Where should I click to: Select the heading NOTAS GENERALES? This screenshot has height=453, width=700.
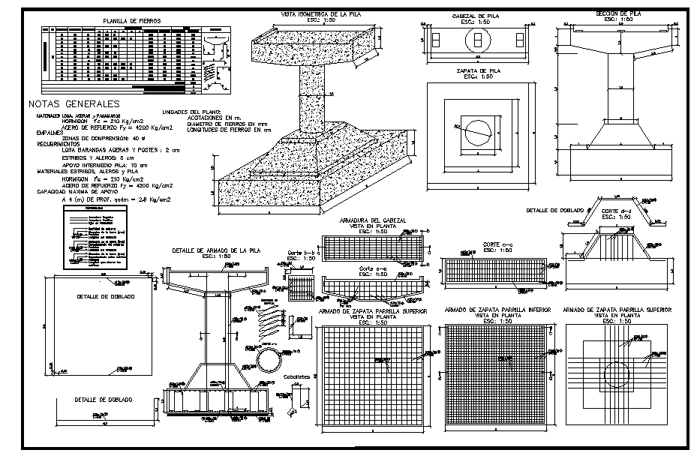point(73,103)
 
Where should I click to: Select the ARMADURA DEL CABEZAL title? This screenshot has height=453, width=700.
point(373,220)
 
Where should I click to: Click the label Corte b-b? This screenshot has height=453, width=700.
point(299,253)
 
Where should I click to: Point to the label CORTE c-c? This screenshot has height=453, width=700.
point(497,244)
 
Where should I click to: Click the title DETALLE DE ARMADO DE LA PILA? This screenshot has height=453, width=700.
point(216,250)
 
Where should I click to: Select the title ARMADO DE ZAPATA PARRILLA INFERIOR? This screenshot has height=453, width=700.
point(497,310)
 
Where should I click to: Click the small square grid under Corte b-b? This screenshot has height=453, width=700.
point(302,288)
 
